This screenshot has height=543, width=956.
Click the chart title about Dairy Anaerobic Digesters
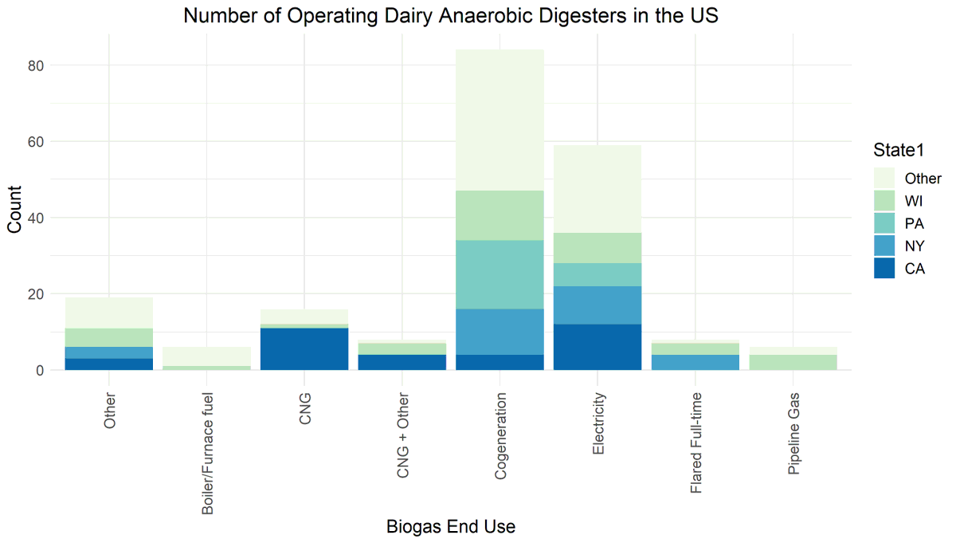coord(451,15)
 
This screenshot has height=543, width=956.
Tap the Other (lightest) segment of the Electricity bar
coord(597,188)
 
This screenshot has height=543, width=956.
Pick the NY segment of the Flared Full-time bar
coord(695,362)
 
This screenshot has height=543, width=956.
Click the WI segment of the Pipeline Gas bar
coord(793,362)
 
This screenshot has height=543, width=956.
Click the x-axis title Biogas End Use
coord(451,527)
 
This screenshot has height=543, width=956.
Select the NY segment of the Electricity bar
coord(597,305)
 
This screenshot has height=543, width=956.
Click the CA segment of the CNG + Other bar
coord(402,362)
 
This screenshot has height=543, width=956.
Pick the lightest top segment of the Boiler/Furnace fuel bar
coord(207,356)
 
